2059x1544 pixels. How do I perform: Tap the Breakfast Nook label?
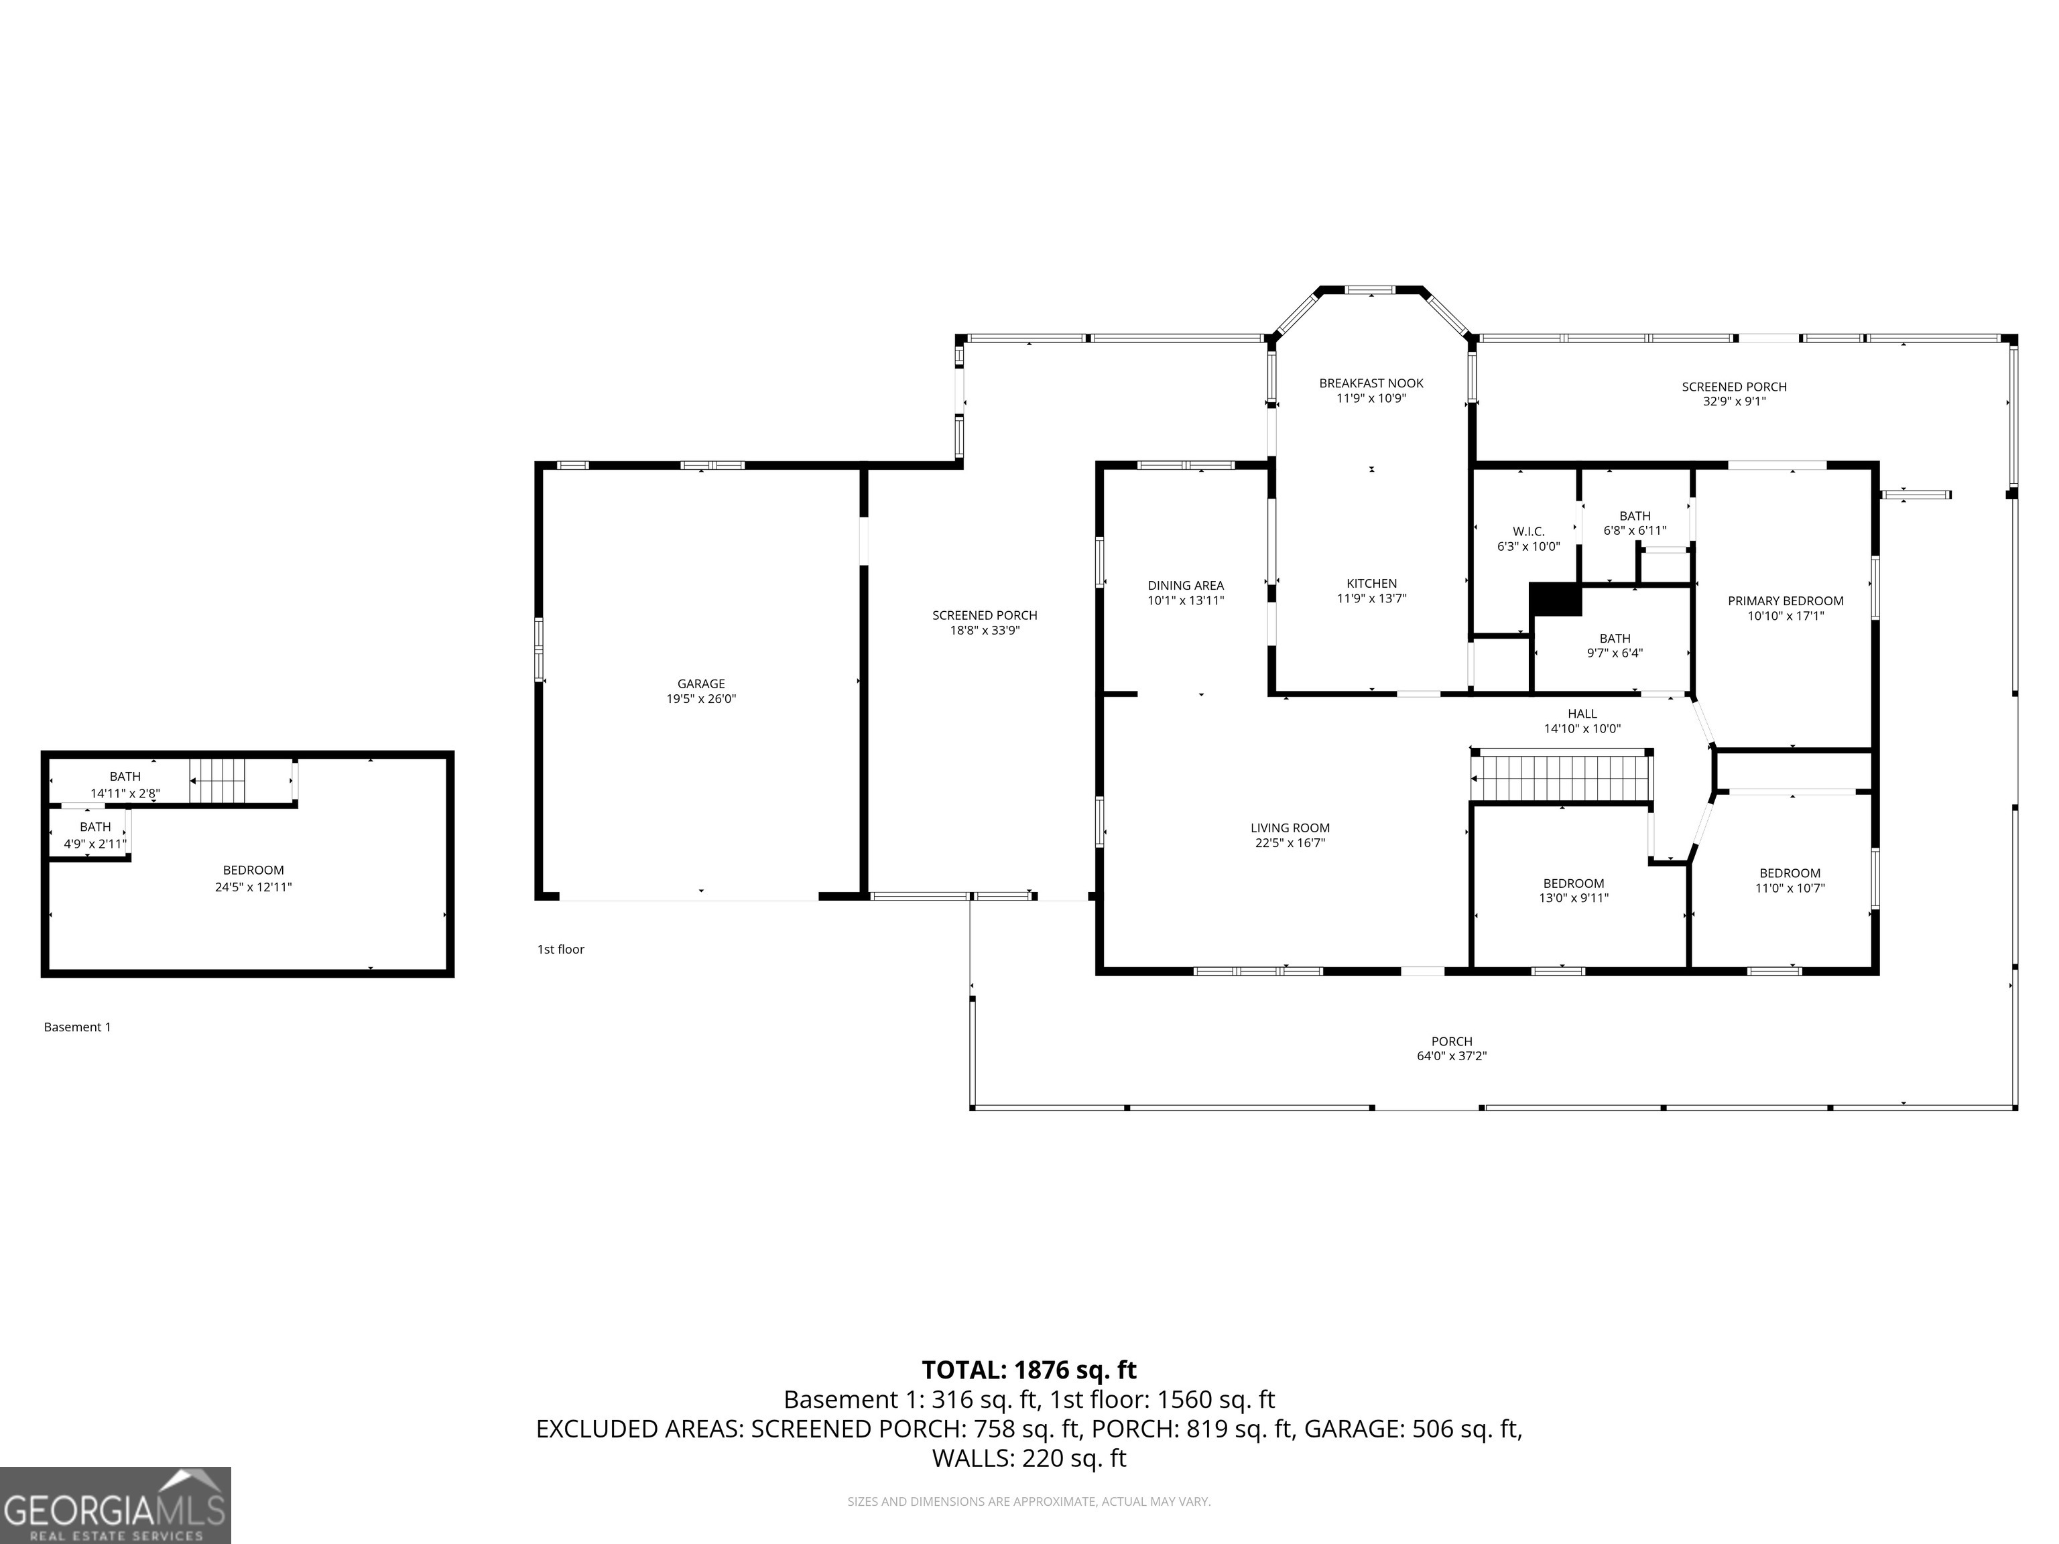click(x=1371, y=383)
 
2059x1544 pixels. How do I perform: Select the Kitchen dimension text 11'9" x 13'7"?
click(x=1371, y=598)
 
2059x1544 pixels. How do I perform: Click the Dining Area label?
click(x=1186, y=586)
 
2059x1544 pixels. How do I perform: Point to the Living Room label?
click(x=1290, y=828)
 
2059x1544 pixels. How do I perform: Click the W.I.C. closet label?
click(x=1528, y=531)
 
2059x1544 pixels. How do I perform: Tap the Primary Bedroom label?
click(x=1786, y=601)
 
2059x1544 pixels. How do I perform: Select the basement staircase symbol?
click(x=218, y=780)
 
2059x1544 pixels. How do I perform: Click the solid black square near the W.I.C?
click(x=1556, y=599)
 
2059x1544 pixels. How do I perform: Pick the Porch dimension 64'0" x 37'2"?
click(x=1452, y=1056)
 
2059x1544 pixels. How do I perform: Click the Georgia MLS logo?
click(x=115, y=1506)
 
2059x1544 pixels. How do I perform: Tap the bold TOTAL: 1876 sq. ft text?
click(x=1029, y=1370)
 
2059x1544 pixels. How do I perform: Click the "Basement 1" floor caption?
click(x=77, y=1027)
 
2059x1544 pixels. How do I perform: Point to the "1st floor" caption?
click(x=560, y=950)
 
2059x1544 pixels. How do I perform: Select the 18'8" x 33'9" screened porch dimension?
click(x=985, y=630)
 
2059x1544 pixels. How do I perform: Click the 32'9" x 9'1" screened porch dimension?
click(x=1734, y=402)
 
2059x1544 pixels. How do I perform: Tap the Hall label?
click(x=1582, y=714)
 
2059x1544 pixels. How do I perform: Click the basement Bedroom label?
click(x=253, y=871)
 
